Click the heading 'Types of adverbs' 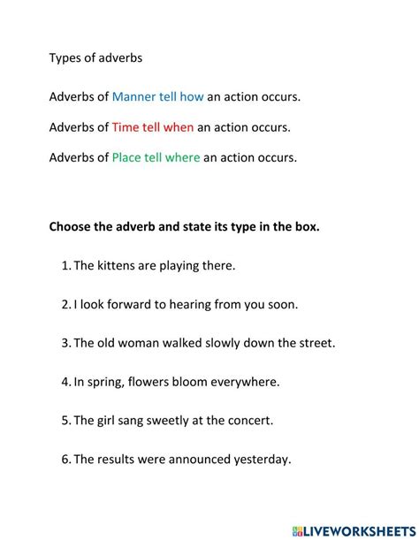point(95,58)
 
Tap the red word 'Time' point(126,127)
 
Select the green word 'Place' point(128,159)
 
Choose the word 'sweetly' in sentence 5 point(178,422)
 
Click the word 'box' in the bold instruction point(306,227)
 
